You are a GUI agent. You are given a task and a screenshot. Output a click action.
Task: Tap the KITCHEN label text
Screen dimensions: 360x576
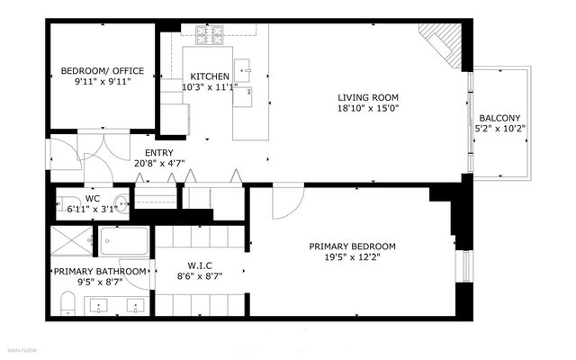pos(209,76)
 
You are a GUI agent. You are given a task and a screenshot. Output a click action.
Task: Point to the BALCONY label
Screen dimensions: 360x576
pos(499,118)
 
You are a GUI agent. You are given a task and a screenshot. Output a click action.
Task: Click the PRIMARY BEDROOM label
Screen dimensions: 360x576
pos(352,247)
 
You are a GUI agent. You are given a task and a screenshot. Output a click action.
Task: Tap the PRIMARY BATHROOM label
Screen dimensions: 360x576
pos(100,271)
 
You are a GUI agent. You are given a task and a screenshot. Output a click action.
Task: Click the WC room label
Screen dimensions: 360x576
pos(93,198)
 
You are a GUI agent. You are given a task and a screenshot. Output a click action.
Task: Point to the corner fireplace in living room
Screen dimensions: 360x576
pos(444,45)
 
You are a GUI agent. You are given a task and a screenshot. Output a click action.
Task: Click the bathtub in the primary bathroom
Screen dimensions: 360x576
pos(124,241)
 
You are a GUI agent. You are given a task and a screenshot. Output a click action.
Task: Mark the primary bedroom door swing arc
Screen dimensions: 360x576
pos(282,202)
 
